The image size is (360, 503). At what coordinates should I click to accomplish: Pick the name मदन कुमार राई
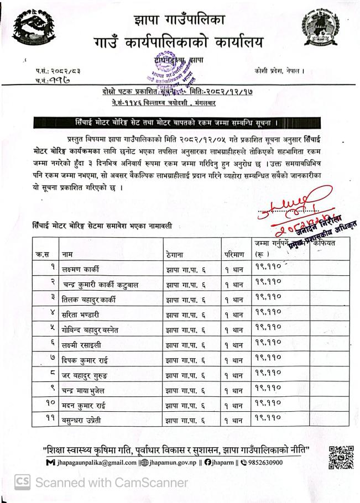pos(84,406)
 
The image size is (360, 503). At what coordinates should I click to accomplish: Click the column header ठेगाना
pos(175,255)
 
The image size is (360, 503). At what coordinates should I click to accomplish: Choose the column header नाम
pos(68,255)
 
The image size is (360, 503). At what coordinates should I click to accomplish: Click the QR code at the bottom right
pos(341,457)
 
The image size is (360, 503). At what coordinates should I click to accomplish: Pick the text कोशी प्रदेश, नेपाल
pos(280,71)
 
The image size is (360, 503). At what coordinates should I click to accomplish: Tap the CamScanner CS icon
pos(22,483)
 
